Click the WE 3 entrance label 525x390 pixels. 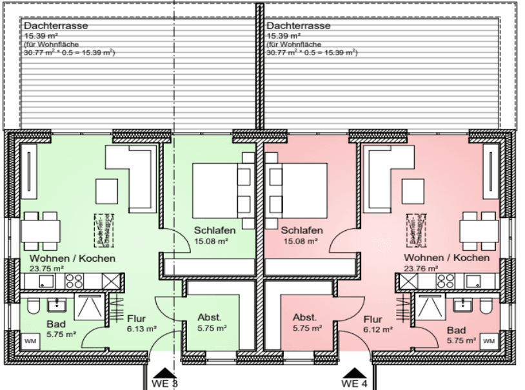tap(165, 384)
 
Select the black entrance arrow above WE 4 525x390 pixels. tap(353, 373)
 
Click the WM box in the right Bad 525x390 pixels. tap(489, 340)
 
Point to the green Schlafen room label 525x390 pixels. tap(215, 230)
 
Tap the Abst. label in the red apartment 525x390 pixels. tap(304, 317)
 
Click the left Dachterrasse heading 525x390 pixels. tap(55, 26)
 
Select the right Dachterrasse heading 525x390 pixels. tap(298, 26)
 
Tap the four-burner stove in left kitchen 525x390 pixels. tap(74, 280)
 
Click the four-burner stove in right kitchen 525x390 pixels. tap(445, 280)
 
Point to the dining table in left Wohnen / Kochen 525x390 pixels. tap(42, 230)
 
